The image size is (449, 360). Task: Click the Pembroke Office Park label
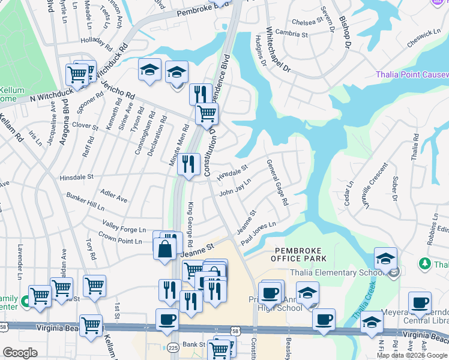tap(298, 254)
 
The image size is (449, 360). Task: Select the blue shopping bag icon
tap(164, 248)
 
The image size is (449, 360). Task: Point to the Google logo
tap(20, 353)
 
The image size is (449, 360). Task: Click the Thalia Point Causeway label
tap(412, 75)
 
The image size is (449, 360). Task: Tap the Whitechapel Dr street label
tap(279, 50)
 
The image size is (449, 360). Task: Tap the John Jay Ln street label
tap(235, 187)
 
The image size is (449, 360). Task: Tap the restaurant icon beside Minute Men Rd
tap(188, 163)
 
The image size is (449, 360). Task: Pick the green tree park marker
tap(424, 264)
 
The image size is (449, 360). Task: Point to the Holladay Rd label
tap(97, 44)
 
